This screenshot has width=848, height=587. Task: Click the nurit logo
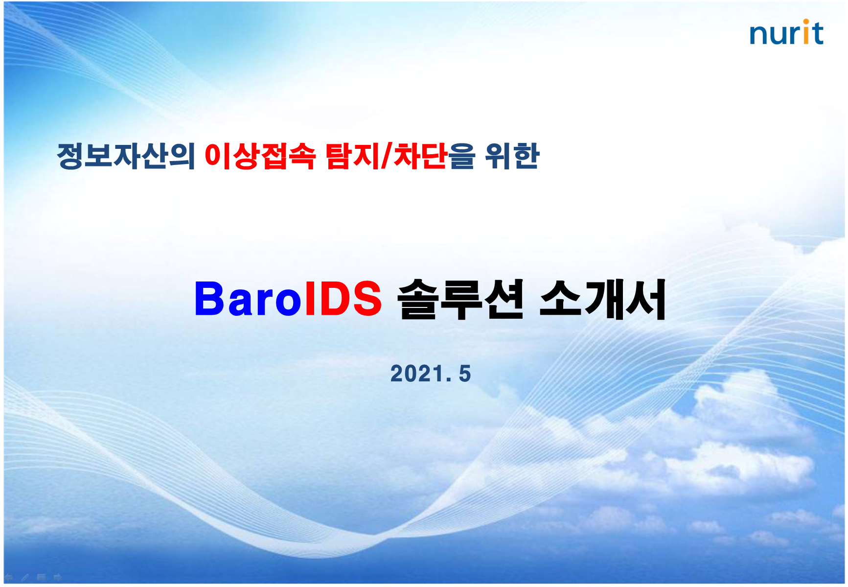pyautogui.click(x=786, y=33)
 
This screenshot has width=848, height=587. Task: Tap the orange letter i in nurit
pyautogui.click(x=805, y=33)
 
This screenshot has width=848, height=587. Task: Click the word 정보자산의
pyautogui.click(x=126, y=156)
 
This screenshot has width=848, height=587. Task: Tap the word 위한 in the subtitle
pyautogui.click(x=512, y=156)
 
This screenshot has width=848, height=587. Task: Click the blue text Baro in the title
pyautogui.click(x=248, y=299)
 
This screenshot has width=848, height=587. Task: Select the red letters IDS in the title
pyautogui.click(x=343, y=299)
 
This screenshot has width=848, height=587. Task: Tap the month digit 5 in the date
pyautogui.click(x=465, y=374)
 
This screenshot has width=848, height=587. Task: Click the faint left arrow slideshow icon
pyautogui.click(x=9, y=577)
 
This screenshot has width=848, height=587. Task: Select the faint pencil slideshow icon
pyautogui.click(x=25, y=577)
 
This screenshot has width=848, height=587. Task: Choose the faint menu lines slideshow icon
pyautogui.click(x=42, y=577)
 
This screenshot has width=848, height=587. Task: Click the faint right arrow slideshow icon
pyautogui.click(x=58, y=577)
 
